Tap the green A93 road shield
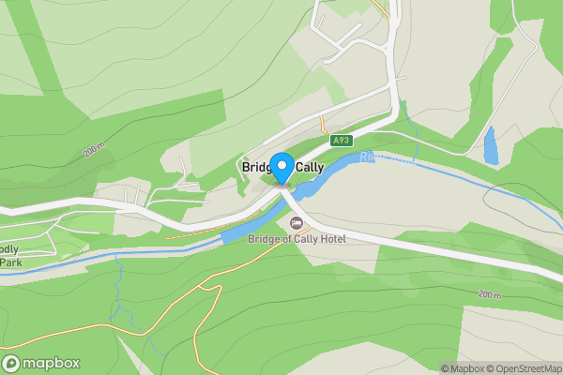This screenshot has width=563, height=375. coord(342,141)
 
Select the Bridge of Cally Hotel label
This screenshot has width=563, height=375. coord(297,239)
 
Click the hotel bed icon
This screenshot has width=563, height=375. coord(297,222)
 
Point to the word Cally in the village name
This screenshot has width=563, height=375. coord(311,167)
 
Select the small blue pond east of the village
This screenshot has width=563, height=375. coord(490,145)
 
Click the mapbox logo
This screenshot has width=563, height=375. coord(41,364)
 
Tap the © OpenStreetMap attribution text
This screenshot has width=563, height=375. coord(524,368)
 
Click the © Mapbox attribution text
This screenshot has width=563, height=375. coord(463,368)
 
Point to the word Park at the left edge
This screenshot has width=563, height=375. coord(10,262)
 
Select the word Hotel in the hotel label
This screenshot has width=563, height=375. coord(330,239)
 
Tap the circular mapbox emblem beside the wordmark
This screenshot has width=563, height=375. coord(12,364)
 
